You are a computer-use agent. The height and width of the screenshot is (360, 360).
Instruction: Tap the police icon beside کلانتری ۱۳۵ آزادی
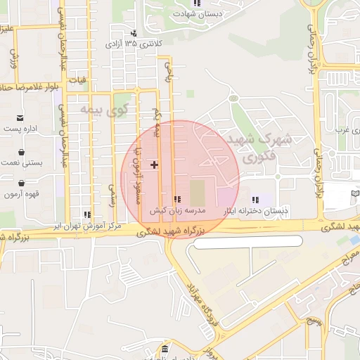pos(134,33)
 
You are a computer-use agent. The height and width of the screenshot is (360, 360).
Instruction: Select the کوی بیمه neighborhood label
pos(98,110)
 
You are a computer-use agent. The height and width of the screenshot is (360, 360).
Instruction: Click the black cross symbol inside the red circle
pos(155,165)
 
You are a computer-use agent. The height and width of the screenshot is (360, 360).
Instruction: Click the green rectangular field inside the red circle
pos(198,193)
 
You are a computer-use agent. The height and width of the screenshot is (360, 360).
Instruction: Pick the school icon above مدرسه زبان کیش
pos(177,200)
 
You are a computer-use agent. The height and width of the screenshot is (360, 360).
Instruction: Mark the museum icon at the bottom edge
pos(164,350)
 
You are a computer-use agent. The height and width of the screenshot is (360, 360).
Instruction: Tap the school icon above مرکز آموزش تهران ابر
pos(87,215)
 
